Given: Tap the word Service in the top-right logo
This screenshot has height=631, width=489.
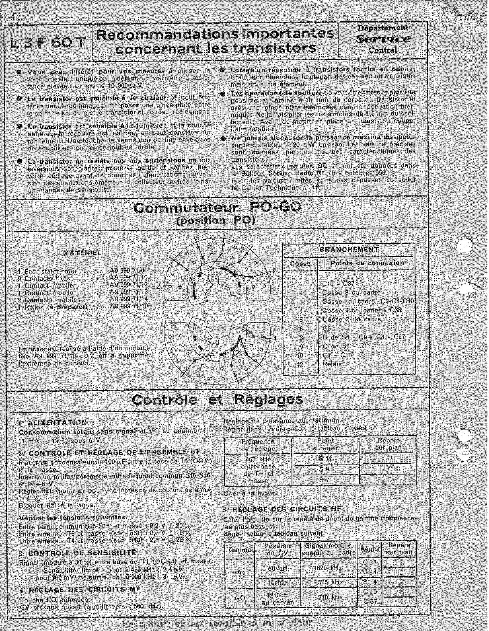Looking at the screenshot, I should click(383, 39).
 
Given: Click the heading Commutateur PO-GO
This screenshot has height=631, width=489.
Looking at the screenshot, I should click(217, 208).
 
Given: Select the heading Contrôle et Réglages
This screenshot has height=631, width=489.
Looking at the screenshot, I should click(218, 400).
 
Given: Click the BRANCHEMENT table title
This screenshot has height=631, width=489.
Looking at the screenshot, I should click(349, 249).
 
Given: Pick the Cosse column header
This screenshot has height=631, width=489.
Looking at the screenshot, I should click(300, 264).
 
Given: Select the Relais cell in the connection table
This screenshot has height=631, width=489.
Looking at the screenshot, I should click(332, 364).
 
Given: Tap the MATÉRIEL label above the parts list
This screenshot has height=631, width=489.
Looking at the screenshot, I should click(82, 253).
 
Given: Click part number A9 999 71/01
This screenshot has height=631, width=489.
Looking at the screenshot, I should click(128, 271).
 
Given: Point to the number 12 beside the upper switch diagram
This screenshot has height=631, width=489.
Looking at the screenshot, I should click(157, 286).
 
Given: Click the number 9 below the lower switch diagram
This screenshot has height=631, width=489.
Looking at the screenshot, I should click(176, 380).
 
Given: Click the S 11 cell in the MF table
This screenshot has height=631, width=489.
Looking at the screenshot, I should click(325, 458).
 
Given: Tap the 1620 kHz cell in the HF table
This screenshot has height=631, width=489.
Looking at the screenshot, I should click(329, 568).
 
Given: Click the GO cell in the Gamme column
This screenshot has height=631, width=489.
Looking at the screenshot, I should click(240, 598).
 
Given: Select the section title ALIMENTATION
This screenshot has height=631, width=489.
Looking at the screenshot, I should click(57, 422).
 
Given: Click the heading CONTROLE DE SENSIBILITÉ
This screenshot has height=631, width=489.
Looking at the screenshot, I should click(82, 553).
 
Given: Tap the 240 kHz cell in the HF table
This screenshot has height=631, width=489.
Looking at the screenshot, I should click(329, 598).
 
